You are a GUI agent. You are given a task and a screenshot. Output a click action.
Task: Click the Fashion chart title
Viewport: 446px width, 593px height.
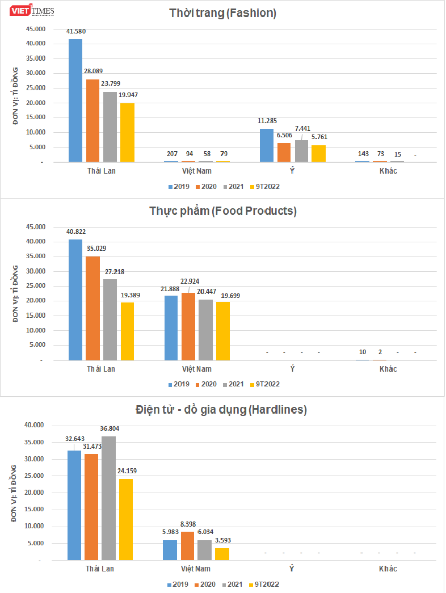click(x=223, y=13)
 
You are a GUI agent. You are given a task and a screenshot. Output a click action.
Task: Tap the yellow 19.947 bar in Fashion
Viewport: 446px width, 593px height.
click(x=128, y=132)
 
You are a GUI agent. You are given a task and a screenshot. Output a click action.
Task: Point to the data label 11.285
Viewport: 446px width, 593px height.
click(x=266, y=120)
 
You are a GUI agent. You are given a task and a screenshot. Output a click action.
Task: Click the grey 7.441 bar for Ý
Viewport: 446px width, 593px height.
click(x=301, y=151)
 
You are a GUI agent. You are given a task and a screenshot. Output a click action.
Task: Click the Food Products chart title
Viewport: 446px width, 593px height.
click(x=223, y=211)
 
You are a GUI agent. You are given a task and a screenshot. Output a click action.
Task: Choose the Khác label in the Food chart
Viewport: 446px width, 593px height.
click(x=388, y=369)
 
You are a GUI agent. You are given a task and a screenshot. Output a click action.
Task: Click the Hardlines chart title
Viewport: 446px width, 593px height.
click(x=221, y=409)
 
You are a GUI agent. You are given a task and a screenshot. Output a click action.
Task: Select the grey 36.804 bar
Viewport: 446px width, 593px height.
click(x=109, y=498)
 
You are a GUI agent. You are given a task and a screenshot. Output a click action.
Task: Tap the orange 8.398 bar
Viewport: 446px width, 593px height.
click(x=188, y=546)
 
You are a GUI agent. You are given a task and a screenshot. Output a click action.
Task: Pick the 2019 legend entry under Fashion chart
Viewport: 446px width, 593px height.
click(x=178, y=186)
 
